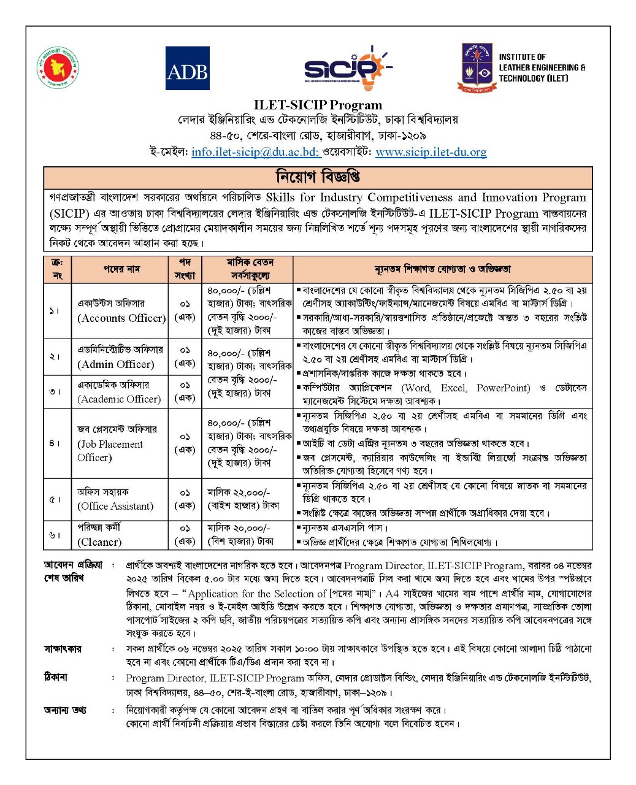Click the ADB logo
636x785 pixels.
pos(187,69)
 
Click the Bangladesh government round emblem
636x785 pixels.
pos(58,67)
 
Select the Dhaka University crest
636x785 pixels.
pos(476,67)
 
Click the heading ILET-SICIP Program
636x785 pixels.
pos(318,105)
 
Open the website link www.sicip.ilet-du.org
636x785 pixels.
pos(431,152)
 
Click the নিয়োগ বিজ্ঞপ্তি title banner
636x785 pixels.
pos(318,177)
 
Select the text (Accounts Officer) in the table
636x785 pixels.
pos(121,318)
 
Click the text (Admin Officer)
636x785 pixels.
pos(115,364)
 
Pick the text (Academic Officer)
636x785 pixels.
pos(119,399)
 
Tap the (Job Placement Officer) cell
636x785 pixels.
pos(110,451)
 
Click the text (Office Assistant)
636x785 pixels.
pos(115,506)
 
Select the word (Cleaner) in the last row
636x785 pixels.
pos(99,542)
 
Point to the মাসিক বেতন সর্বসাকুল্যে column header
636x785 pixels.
pos(248,269)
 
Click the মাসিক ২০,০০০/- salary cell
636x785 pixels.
pos(240,534)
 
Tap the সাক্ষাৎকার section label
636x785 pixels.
pos(62,649)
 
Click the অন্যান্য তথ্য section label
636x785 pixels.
pos(64,710)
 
